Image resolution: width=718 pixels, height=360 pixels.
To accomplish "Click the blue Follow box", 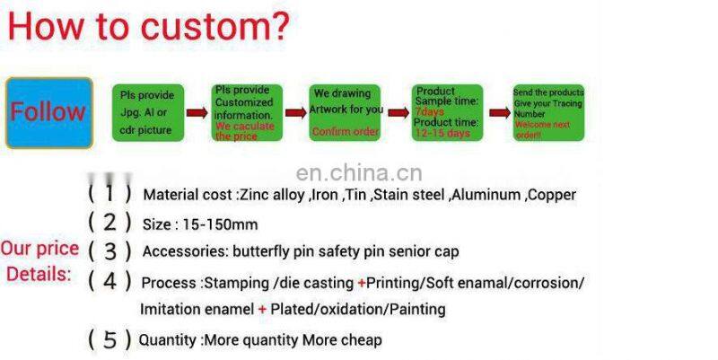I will [x=48, y=112].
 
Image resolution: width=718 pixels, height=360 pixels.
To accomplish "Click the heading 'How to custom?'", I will [x=148, y=26].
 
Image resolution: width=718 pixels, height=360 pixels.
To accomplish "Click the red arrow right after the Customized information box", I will [x=295, y=113].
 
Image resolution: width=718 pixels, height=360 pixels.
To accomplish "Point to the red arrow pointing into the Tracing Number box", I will [x=497, y=113].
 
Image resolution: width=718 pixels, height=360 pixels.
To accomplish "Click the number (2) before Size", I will [x=109, y=222].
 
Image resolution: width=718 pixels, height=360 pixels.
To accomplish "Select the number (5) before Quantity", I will [x=109, y=340].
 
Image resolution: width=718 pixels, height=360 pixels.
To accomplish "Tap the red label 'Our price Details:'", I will [x=39, y=261].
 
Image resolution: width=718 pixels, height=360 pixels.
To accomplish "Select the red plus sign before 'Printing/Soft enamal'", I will [x=362, y=283].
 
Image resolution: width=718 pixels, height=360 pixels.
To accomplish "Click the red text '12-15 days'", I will [x=442, y=133].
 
